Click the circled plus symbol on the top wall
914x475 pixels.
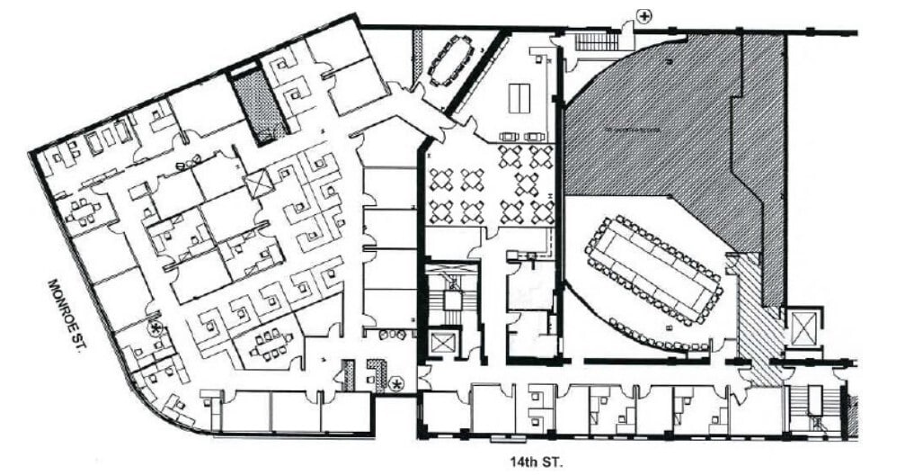point(644,14)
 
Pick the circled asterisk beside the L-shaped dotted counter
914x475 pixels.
point(397,384)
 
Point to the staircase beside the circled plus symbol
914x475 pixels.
point(596,40)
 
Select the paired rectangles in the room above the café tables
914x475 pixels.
point(519,98)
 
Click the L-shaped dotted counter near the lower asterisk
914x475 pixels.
point(375,373)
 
